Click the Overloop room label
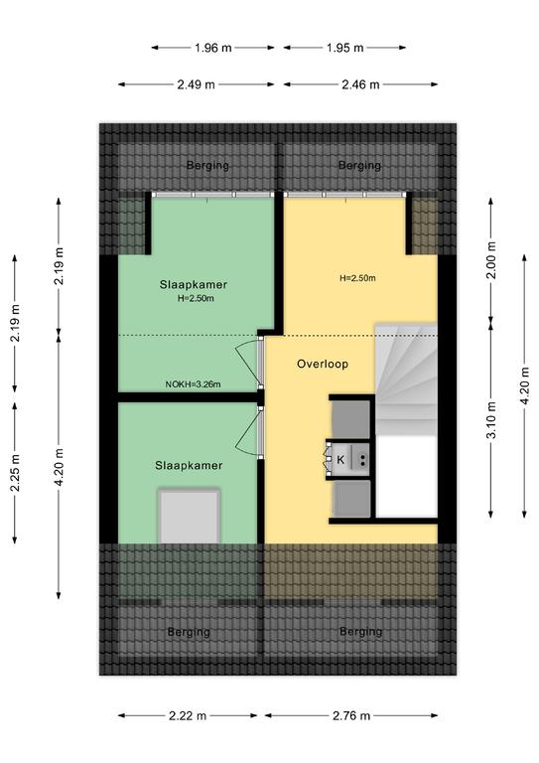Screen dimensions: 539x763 tap(323, 364)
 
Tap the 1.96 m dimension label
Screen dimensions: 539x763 tap(212, 48)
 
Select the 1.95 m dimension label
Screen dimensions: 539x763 tap(344, 48)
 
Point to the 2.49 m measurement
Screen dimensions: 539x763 tap(196, 84)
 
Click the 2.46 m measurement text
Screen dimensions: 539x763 tap(360, 84)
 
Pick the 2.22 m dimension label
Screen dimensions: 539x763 tap(188, 715)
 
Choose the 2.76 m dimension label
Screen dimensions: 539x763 tap(351, 715)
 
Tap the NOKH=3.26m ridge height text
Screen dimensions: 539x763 tap(193, 384)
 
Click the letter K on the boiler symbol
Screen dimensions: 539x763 tap(340, 460)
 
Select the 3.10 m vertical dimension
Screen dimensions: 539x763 tap(491, 420)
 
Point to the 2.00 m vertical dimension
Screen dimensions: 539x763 tap(491, 260)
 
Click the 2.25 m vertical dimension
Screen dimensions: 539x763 tap(15, 473)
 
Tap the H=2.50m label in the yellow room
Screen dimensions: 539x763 tap(357, 278)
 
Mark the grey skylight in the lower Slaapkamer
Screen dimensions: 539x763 tap(189, 517)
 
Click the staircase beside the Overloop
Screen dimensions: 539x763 tap(406, 380)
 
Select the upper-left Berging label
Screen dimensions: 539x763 tap(207, 166)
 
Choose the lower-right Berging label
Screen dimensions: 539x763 tap(360, 632)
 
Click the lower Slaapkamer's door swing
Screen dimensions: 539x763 tap(249, 431)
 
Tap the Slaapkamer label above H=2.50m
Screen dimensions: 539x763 tap(194, 285)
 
